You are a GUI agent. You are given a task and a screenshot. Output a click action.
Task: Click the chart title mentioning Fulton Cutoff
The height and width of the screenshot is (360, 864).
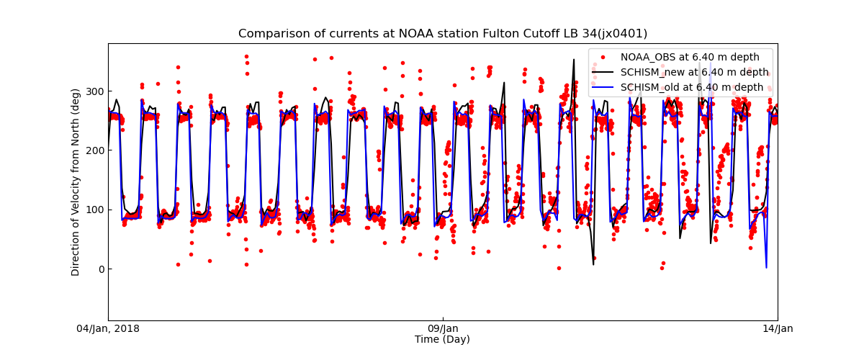443,34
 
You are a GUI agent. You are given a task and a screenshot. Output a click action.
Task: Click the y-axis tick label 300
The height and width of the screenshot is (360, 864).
94,91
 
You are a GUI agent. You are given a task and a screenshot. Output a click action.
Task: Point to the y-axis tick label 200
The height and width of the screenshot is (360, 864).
94,150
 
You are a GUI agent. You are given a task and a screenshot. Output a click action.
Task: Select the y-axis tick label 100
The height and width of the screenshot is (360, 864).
94,210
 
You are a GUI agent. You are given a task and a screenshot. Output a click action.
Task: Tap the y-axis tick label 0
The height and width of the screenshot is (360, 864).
100,269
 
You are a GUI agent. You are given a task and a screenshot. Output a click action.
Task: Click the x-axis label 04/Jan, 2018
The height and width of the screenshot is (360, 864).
108,329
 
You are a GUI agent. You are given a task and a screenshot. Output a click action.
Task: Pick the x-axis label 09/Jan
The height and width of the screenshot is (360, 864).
443,329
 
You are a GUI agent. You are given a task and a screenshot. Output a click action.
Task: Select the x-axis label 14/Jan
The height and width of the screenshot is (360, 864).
778,329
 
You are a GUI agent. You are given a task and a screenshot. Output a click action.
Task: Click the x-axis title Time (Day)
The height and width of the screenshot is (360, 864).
442,340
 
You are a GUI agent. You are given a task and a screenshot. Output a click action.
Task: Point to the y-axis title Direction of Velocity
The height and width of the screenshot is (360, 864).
76,181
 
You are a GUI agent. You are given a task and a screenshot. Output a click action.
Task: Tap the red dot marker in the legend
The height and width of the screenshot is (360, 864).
605,58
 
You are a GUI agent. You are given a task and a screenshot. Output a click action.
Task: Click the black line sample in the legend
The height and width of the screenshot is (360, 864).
605,72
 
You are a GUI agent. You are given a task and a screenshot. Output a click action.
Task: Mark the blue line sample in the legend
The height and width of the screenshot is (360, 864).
605,87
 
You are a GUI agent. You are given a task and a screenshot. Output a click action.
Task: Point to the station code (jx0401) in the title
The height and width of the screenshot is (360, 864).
622,34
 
